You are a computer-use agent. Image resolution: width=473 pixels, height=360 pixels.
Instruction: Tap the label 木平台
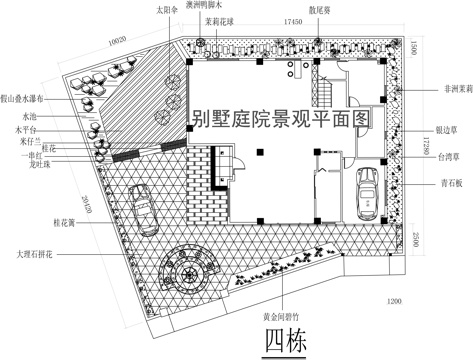coord(20,130)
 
